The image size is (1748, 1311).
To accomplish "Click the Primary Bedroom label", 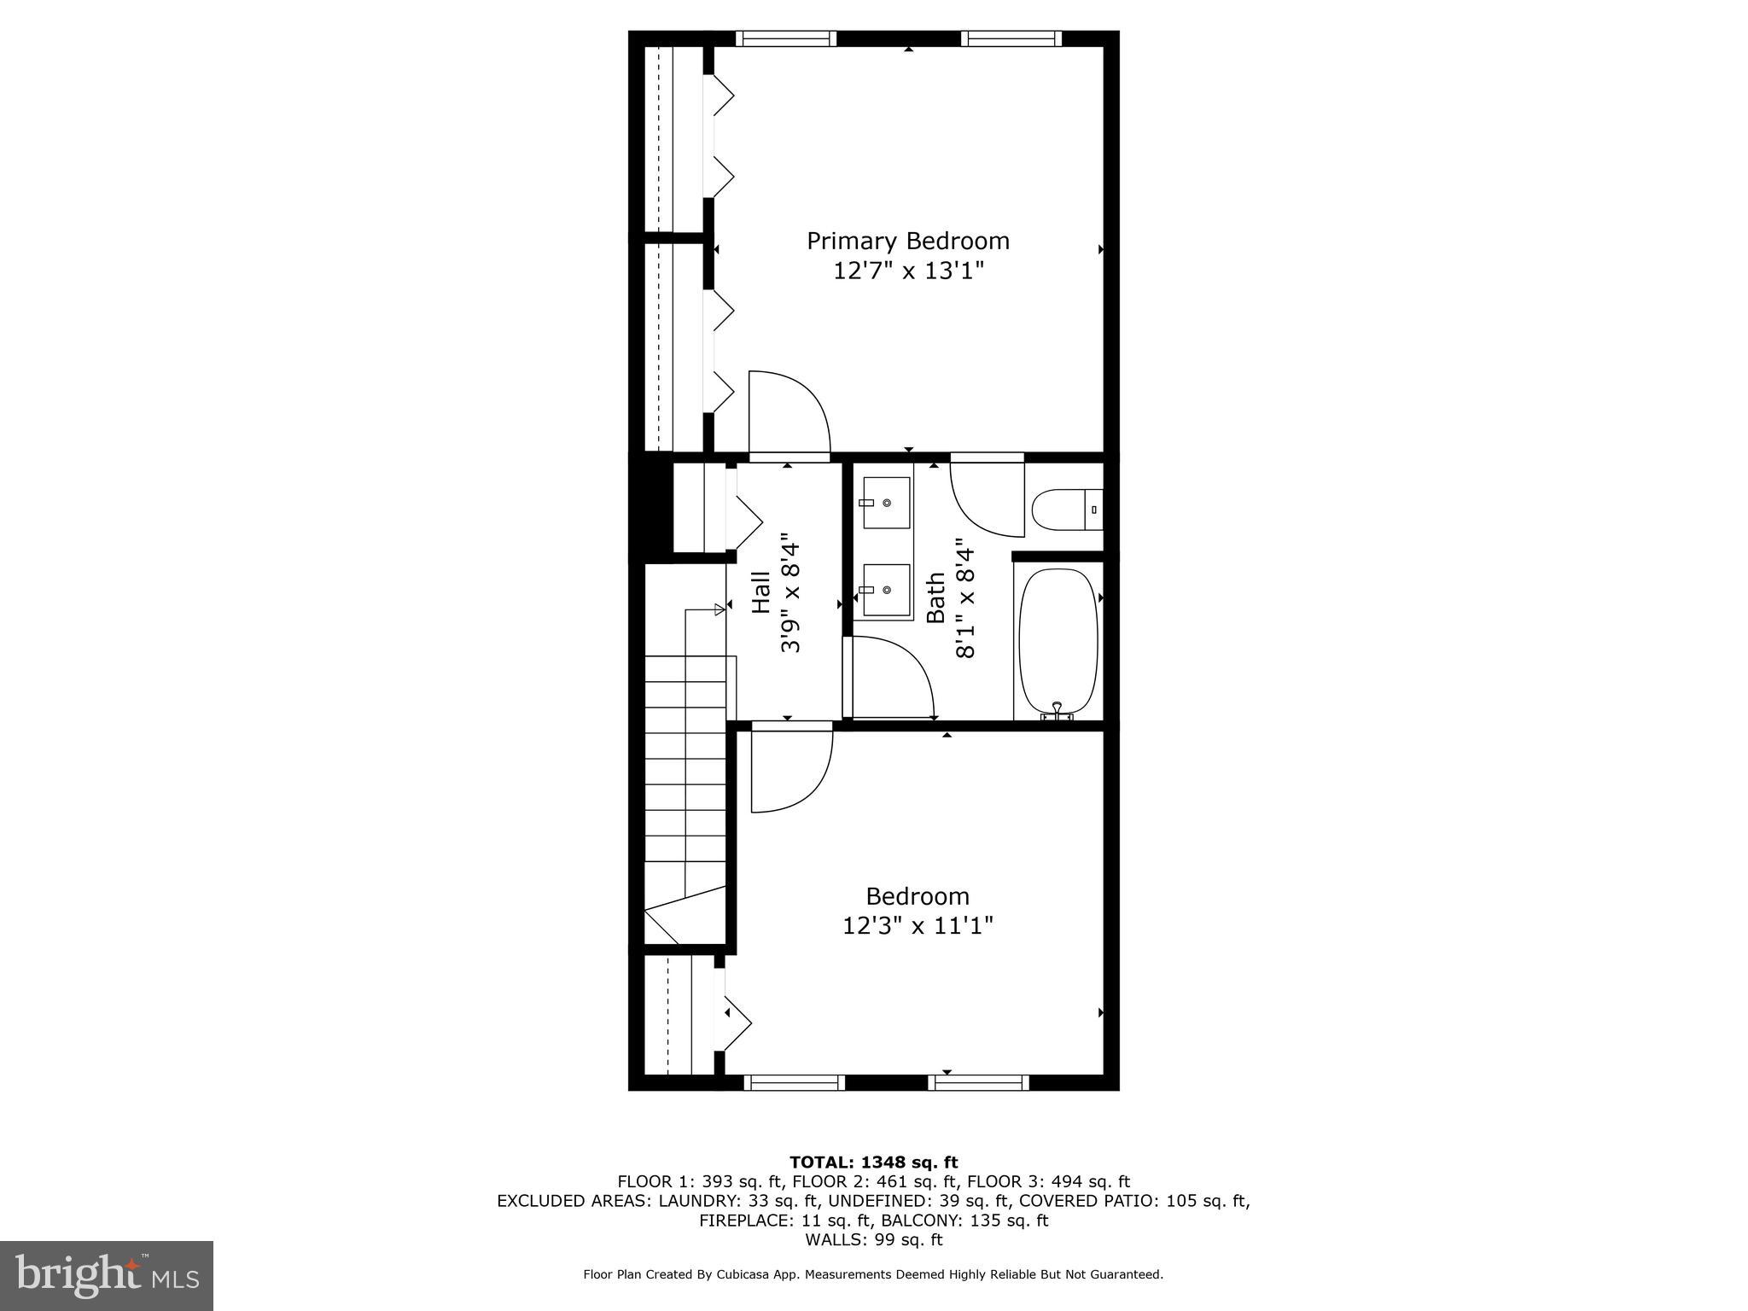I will pyautogui.click(x=908, y=241).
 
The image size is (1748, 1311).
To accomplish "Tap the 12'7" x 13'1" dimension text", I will pyautogui.click(x=908, y=271).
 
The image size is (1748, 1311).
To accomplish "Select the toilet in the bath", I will pyautogui.click(x=1065, y=510).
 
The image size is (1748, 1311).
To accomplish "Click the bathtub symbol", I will pyautogui.click(x=1058, y=640).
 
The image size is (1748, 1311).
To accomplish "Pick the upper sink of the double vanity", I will pyautogui.click(x=886, y=503).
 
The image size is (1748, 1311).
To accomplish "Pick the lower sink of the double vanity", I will pyautogui.click(x=886, y=590).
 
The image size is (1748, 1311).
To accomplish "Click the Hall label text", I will pyautogui.click(x=761, y=592).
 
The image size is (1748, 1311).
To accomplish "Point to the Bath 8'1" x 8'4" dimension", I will pyautogui.click(x=964, y=597).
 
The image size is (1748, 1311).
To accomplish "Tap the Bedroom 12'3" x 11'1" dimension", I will pyautogui.click(x=918, y=925).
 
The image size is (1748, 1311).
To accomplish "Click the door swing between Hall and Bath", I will pyautogui.click(x=892, y=679).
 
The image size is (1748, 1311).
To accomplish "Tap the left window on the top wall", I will pyautogui.click(x=785, y=38).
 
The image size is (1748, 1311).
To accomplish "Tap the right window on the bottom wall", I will pyautogui.click(x=978, y=1083).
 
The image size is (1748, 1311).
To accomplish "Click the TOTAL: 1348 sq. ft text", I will pyautogui.click(x=873, y=1162).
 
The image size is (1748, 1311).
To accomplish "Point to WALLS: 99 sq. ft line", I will pyautogui.click(x=873, y=1239).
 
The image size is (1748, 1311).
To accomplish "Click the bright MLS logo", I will pyautogui.click(x=107, y=1276).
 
